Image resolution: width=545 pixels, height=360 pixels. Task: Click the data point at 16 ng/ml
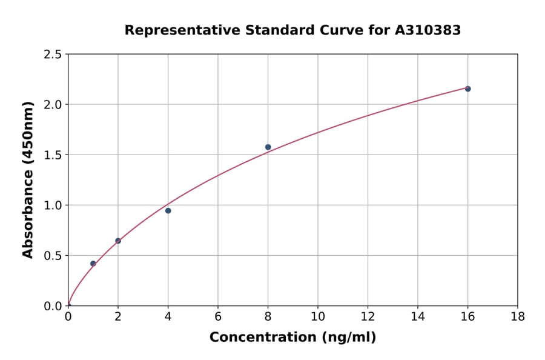[467, 89]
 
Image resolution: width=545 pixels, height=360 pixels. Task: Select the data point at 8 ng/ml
[268, 147]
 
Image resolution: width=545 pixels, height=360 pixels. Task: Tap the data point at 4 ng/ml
[168, 211]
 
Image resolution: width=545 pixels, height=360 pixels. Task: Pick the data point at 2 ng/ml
[118, 241]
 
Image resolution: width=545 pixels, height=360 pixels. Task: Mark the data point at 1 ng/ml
[93, 264]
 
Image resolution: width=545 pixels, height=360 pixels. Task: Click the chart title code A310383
[429, 30]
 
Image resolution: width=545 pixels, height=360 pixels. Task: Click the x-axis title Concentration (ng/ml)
[292, 338]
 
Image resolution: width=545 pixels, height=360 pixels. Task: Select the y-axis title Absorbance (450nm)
[28, 180]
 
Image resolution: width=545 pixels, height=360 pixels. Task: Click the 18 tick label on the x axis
[517, 316]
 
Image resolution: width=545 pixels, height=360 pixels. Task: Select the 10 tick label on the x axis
[317, 316]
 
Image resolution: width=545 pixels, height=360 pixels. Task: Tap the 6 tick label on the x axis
[217, 316]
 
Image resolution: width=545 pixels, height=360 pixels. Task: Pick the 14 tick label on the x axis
[417, 316]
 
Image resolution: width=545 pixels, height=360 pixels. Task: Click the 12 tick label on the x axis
[368, 316]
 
